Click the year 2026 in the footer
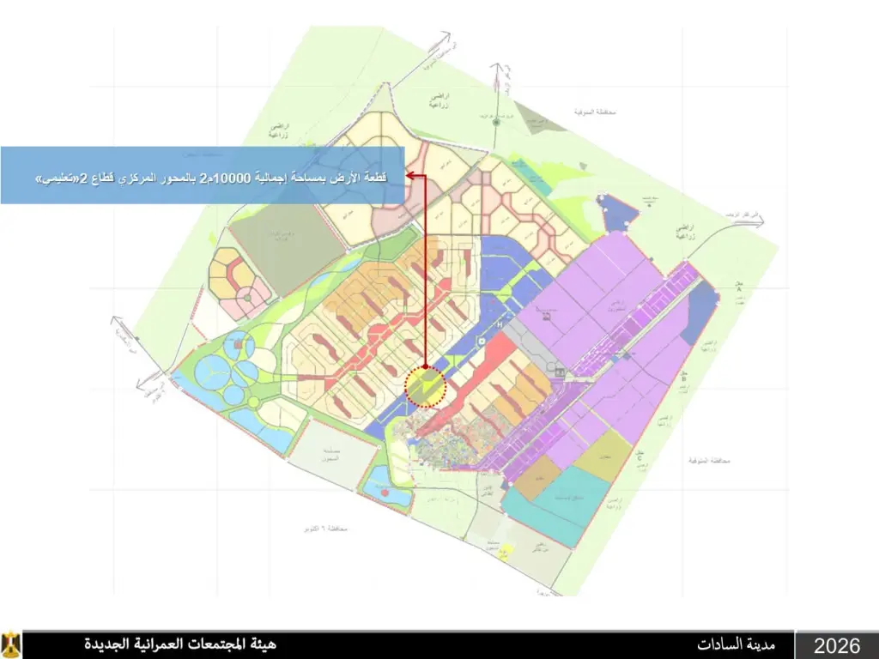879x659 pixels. (837, 645)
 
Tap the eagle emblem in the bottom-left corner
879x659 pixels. (11, 644)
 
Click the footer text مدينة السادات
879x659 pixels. (737, 644)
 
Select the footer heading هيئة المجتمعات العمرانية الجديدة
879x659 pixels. (179, 644)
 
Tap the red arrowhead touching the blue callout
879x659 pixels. (410, 176)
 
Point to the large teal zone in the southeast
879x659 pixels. (549, 506)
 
